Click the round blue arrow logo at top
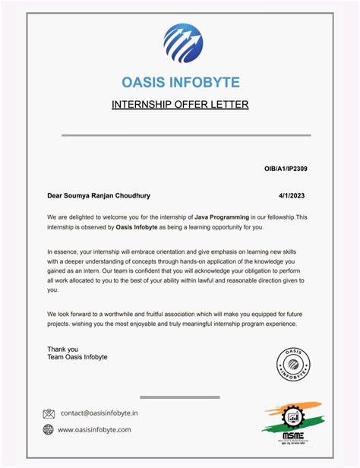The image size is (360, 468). (182, 44)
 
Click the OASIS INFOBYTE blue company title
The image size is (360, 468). (180, 82)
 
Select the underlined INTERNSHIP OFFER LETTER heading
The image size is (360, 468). (180, 104)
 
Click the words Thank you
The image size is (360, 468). (62, 349)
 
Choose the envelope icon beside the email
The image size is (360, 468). (49, 414)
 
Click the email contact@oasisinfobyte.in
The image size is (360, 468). (99, 414)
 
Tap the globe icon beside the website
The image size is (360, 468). (49, 430)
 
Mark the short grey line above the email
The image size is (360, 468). (180, 397)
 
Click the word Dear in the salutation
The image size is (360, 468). (56, 195)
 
